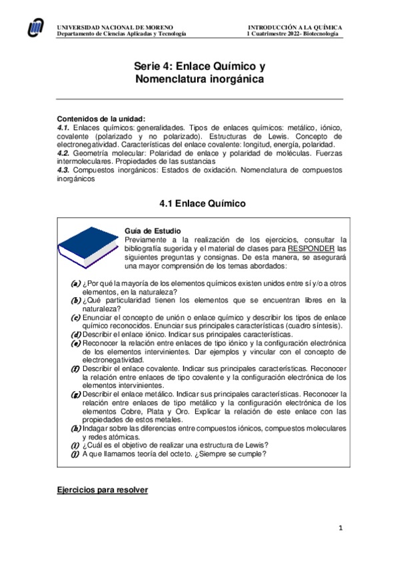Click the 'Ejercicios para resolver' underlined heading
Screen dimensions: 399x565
[102, 490]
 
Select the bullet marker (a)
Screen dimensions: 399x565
[75, 283]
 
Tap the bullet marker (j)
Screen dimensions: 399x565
[75, 454]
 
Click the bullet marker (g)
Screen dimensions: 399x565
[75, 394]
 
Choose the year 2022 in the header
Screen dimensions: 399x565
[287, 33]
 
